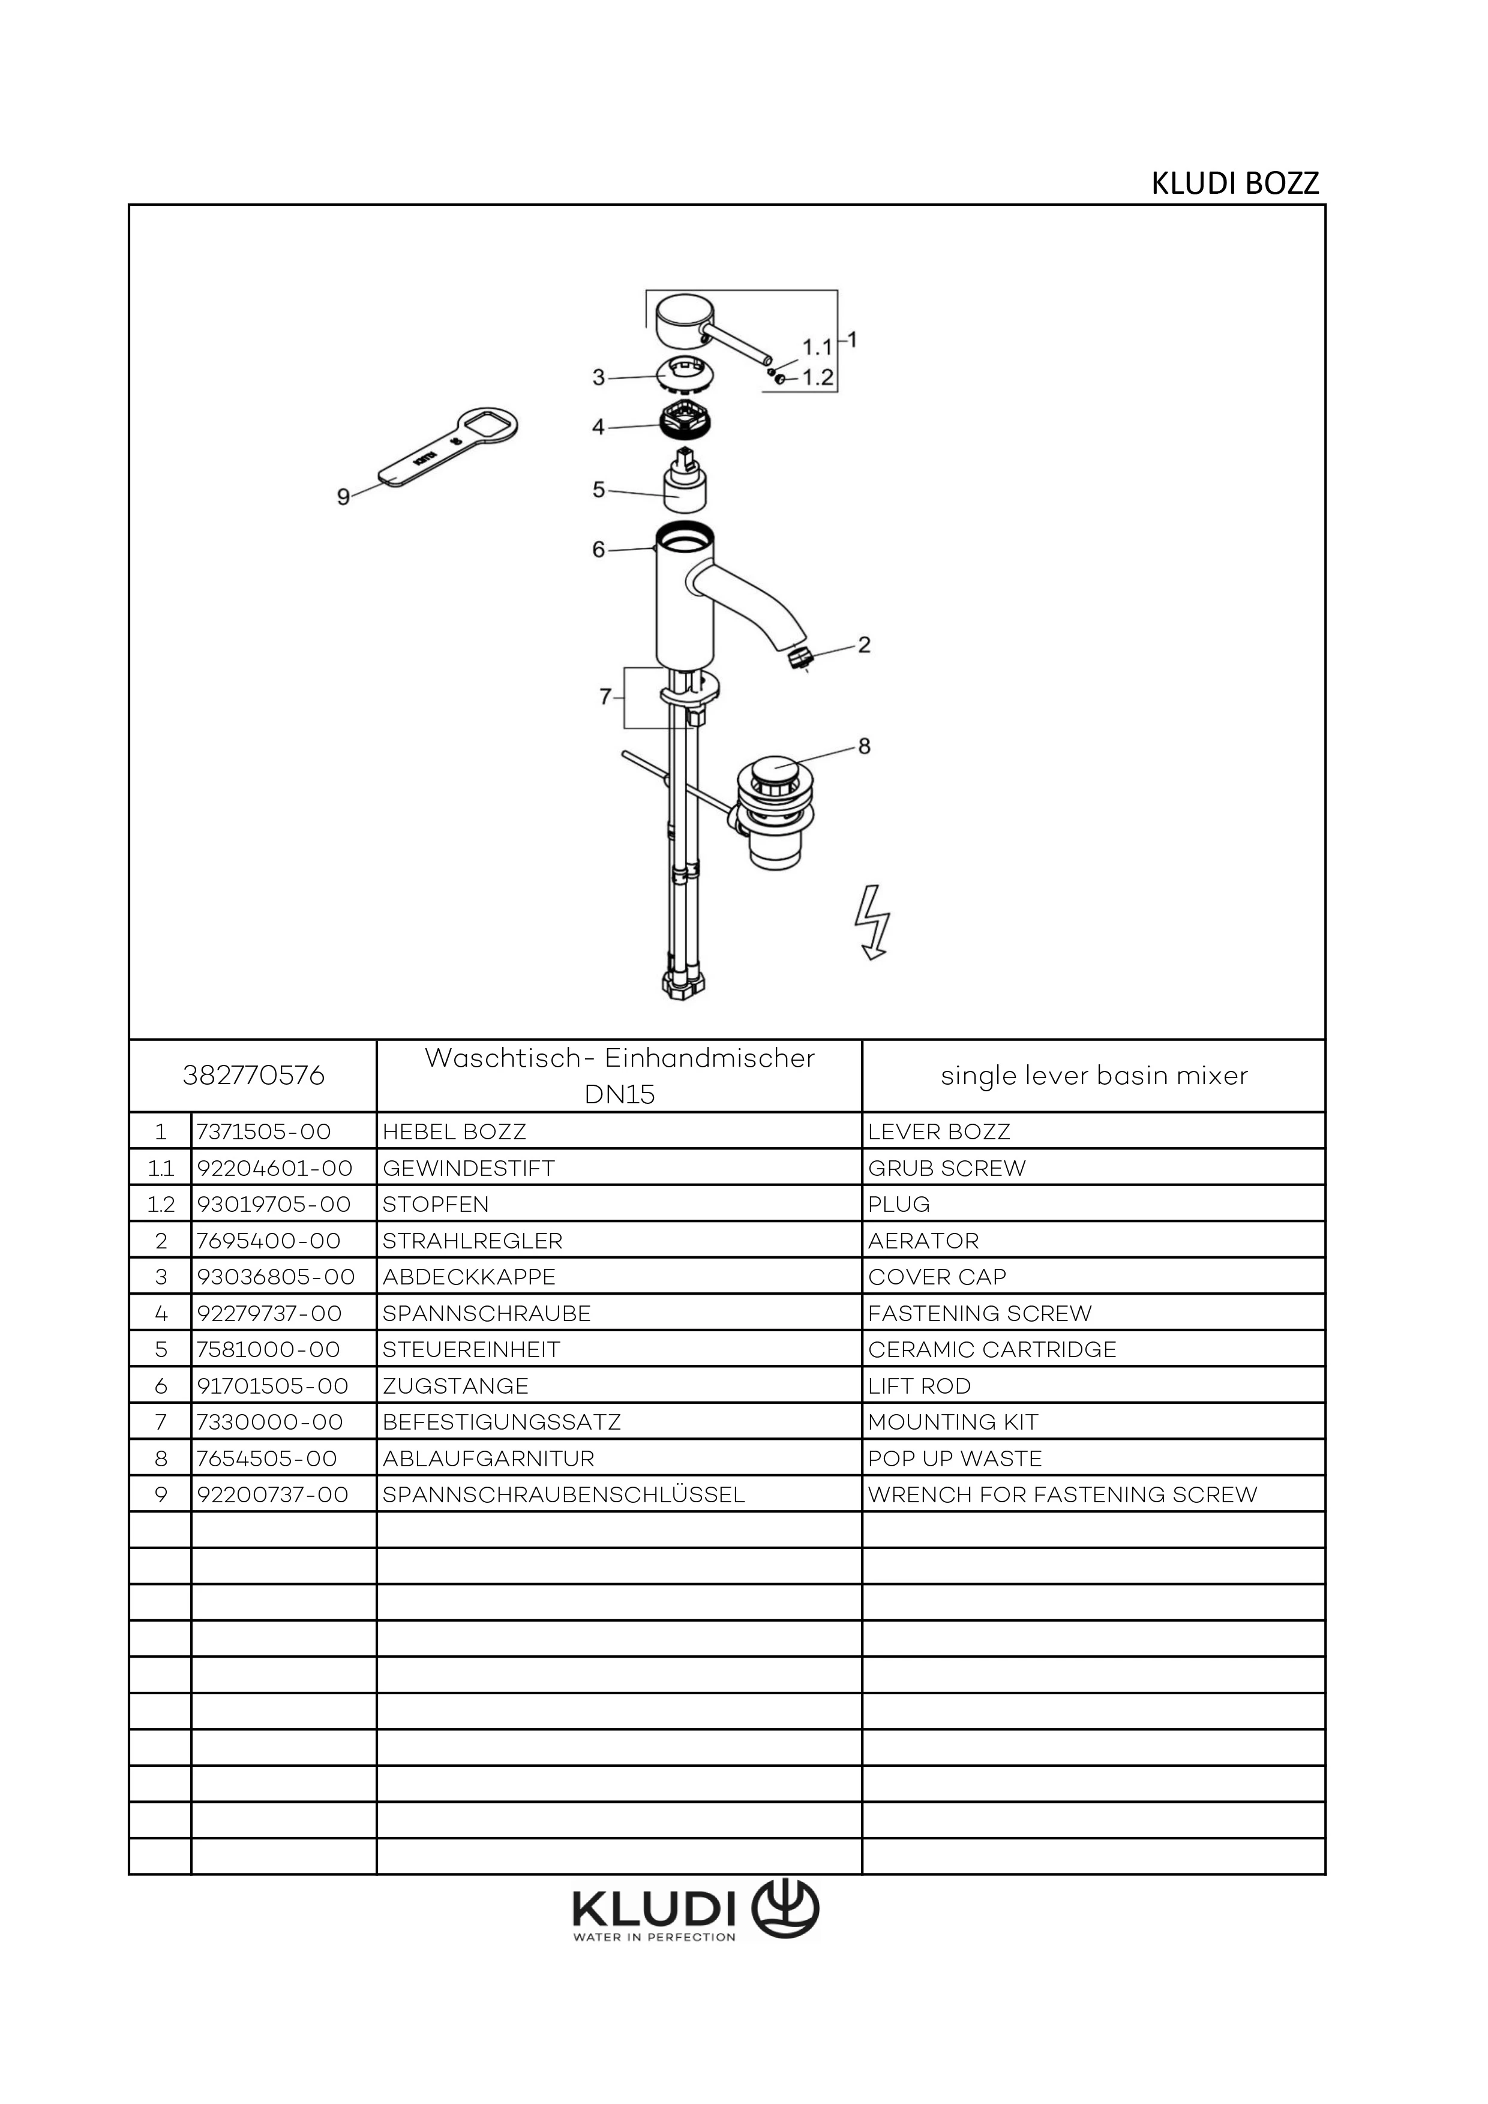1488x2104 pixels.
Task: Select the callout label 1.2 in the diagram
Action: click(x=817, y=377)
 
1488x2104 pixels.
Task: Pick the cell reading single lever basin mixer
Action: click(x=1093, y=1075)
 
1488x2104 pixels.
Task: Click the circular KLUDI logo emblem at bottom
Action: click(x=785, y=1909)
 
